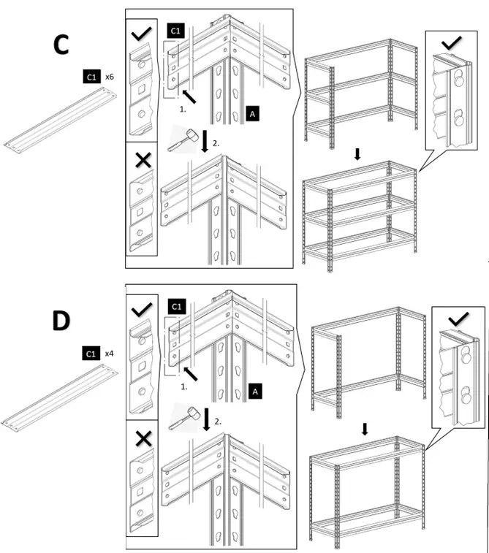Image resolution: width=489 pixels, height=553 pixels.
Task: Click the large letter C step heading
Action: (x=61, y=45)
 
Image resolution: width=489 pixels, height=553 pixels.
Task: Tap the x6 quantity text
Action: (x=109, y=76)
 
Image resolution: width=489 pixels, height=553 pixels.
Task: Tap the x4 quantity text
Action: (x=109, y=354)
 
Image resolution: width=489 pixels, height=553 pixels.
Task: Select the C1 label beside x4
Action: (x=91, y=354)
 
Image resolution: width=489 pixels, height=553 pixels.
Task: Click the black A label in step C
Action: (x=252, y=114)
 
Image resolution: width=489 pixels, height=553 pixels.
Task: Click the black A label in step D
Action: (x=255, y=391)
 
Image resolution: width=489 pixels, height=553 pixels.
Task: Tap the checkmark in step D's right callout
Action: (x=457, y=319)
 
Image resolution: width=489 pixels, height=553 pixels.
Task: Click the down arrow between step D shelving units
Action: (x=365, y=429)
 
